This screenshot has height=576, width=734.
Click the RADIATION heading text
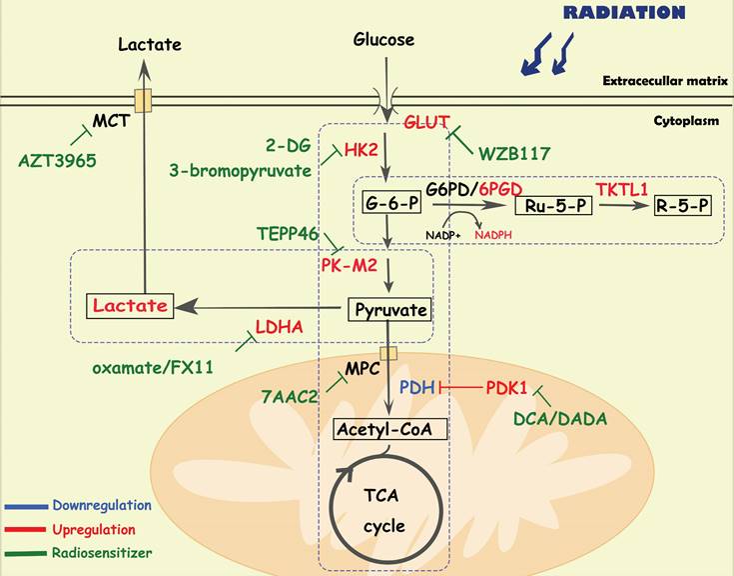pos(624,13)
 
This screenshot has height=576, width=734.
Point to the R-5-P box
pos(683,206)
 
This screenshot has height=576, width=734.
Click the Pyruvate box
pos(388,309)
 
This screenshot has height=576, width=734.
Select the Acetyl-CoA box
pos(387,429)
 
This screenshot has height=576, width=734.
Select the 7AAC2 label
pos(288,397)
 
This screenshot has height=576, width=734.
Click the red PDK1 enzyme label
pos(508,386)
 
